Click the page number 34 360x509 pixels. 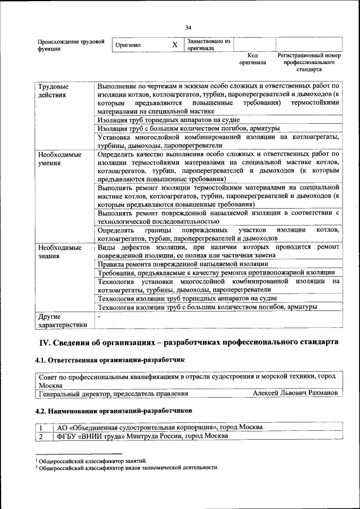click(188, 28)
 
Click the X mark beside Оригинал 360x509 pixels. click(175, 44)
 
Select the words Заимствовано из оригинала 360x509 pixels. click(209, 44)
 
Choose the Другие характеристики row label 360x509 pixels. click(62, 321)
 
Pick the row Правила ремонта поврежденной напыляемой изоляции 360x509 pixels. click(183, 264)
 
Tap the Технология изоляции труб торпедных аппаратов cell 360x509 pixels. click(187, 298)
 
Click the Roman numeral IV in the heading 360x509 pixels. click(44, 342)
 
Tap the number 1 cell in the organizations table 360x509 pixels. click(41, 427)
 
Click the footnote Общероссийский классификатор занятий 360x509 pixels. click(93, 461)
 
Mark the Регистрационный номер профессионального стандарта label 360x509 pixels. click(309, 63)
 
